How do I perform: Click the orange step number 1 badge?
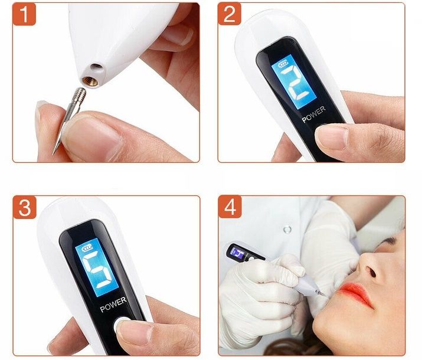coord(24,14)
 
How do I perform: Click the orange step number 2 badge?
coord(229,14)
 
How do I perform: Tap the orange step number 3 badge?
coord(25,207)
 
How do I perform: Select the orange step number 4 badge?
coord(230,207)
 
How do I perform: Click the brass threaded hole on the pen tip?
coord(90,81)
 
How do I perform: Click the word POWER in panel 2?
coord(313,114)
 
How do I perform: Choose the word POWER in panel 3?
coord(113,305)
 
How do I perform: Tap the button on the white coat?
coord(287,230)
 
